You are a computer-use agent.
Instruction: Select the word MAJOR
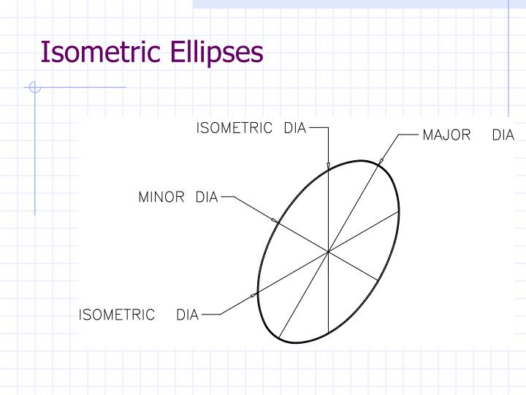click(x=446, y=135)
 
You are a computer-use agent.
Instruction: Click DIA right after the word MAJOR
click(x=503, y=135)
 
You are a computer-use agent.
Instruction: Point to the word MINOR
click(x=161, y=197)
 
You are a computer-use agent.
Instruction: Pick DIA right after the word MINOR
click(x=207, y=197)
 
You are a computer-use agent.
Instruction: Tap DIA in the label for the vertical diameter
click(x=294, y=128)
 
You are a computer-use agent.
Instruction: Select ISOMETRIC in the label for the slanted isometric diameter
click(x=117, y=315)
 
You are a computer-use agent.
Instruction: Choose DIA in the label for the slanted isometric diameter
click(x=188, y=315)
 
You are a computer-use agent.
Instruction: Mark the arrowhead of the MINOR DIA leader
click(x=274, y=219)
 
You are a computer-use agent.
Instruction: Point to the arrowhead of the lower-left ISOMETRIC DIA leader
click(x=254, y=295)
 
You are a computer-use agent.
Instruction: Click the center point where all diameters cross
click(x=329, y=252)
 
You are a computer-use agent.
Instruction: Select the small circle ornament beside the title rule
click(x=34, y=89)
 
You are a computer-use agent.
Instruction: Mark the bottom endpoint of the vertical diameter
click(x=329, y=333)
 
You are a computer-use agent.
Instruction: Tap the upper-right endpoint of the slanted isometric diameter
click(x=400, y=211)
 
